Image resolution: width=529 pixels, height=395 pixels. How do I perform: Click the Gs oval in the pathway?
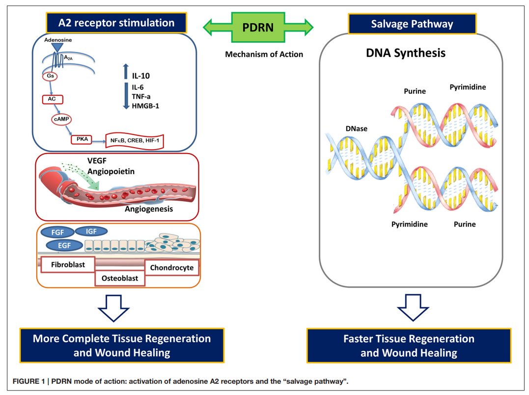[50, 77]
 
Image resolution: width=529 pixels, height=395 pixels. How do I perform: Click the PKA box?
[82, 140]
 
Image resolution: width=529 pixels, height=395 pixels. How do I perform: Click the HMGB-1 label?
[146, 106]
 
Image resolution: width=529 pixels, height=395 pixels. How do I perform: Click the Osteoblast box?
[120, 278]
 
